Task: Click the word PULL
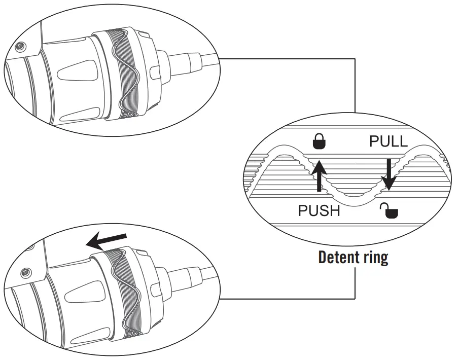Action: [x=388, y=141]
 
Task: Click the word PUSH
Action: [x=319, y=210]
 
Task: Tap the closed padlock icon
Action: [x=320, y=143]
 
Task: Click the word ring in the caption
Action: [x=375, y=258]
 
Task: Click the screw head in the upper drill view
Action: [x=20, y=47]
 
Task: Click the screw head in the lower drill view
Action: [x=23, y=274]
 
